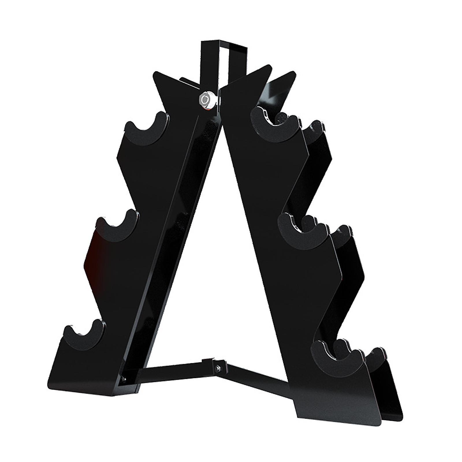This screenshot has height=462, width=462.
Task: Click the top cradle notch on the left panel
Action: [148, 127]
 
